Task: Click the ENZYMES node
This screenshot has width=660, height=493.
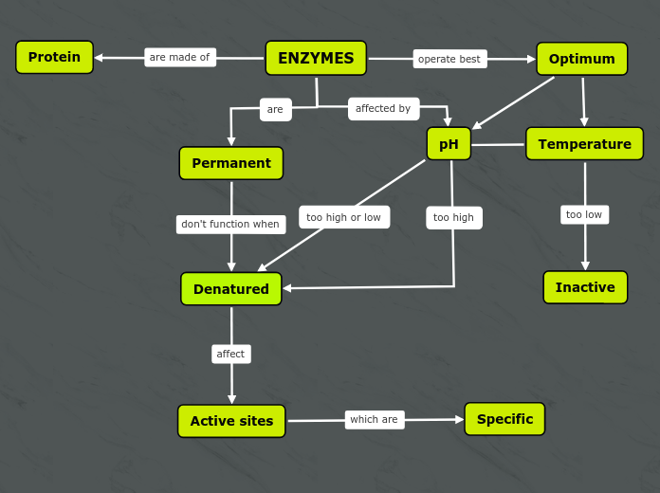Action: (x=316, y=58)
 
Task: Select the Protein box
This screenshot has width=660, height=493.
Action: (x=54, y=57)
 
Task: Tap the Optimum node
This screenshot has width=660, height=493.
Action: (x=581, y=59)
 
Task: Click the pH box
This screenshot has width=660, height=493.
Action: (x=449, y=144)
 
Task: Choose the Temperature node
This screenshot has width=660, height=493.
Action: (x=584, y=144)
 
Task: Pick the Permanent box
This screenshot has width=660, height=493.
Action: (x=230, y=163)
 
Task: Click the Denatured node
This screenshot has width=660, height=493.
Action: (x=230, y=289)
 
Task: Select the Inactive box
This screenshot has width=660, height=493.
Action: (x=585, y=287)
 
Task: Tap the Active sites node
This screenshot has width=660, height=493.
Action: (x=231, y=421)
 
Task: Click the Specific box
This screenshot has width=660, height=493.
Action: (x=504, y=419)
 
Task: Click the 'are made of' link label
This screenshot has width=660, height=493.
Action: (x=179, y=58)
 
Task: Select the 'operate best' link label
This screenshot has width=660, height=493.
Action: (x=449, y=59)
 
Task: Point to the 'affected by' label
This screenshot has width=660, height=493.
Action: (x=383, y=108)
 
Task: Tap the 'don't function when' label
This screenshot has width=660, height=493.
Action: (x=230, y=225)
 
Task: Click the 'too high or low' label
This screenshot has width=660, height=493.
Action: (x=343, y=217)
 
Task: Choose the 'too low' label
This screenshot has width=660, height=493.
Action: (x=584, y=214)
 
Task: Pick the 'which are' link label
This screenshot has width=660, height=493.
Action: (x=374, y=419)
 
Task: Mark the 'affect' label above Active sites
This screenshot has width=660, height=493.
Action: (x=230, y=354)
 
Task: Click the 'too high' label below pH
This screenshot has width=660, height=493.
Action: (x=453, y=217)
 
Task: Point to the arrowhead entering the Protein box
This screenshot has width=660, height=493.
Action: (x=99, y=58)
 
